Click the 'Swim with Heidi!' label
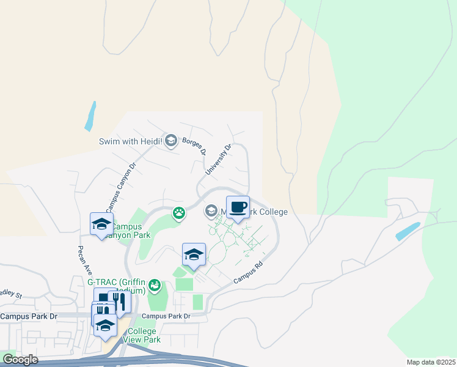131,142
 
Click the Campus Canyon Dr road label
119,183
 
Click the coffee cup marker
238,208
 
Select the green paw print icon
179,213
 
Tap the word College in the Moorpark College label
269,212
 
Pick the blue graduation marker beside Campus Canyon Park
101,224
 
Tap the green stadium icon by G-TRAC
155,285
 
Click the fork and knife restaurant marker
119,302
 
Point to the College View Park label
142,335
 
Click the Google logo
20,360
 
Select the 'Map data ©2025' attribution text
431,362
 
